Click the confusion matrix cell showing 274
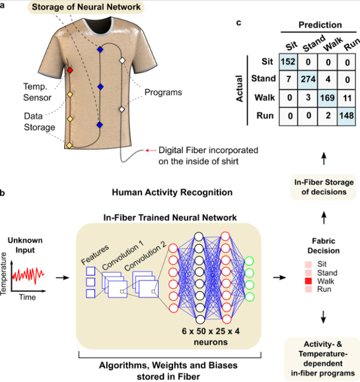point(308,80)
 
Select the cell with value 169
point(328,98)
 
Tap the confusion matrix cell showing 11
point(347,98)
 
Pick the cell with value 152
point(288,62)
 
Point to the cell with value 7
point(288,80)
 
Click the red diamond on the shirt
point(70,71)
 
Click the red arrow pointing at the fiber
point(151,150)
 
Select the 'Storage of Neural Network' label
point(86,7)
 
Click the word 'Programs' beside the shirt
point(163,92)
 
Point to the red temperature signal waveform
point(28,275)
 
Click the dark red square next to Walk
point(308,281)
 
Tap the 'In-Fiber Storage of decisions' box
point(324,187)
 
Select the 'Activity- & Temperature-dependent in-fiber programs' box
point(322,359)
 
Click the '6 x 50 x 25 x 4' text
point(211,331)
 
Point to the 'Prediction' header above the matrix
point(320,25)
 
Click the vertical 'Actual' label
point(240,88)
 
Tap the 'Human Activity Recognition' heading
point(172,193)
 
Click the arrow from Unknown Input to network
point(63,278)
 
